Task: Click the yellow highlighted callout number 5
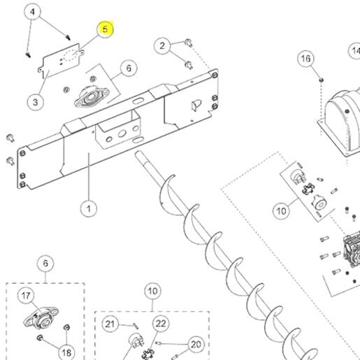(x=105, y=29)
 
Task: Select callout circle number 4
(x=32, y=12)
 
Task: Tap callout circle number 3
(x=35, y=102)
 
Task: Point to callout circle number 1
(x=89, y=208)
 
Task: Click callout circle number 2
(x=162, y=45)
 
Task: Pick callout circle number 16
(x=305, y=59)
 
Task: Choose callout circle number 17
(x=26, y=296)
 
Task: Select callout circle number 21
(x=110, y=324)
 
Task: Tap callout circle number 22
(x=161, y=324)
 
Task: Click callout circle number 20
(x=196, y=345)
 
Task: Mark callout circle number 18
(x=66, y=352)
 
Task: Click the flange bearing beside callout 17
(x=41, y=318)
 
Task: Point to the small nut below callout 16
(x=322, y=80)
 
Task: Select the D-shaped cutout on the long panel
(x=196, y=106)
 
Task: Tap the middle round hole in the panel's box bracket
(x=122, y=134)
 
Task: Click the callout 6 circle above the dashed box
(x=45, y=264)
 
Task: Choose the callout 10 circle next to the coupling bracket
(x=281, y=211)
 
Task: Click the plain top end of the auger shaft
(x=138, y=154)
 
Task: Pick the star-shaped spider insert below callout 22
(x=147, y=354)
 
